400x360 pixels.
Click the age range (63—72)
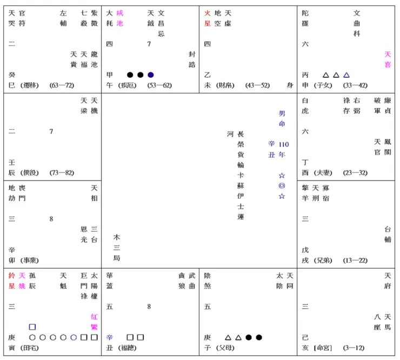pyautogui.click(x=61, y=85)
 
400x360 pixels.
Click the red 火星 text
pyautogui.click(x=208, y=18)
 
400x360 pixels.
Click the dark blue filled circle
pyautogui.click(x=151, y=75)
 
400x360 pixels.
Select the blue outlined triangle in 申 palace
pyautogui.click(x=346, y=75)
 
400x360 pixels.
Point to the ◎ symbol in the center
pyautogui.click(x=282, y=186)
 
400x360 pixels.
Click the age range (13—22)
pyautogui.click(x=355, y=261)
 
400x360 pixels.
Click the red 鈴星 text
pyautogui.click(x=12, y=281)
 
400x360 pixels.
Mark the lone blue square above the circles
pyautogui.click(x=32, y=327)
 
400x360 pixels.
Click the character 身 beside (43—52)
pyautogui.click(x=290, y=85)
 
